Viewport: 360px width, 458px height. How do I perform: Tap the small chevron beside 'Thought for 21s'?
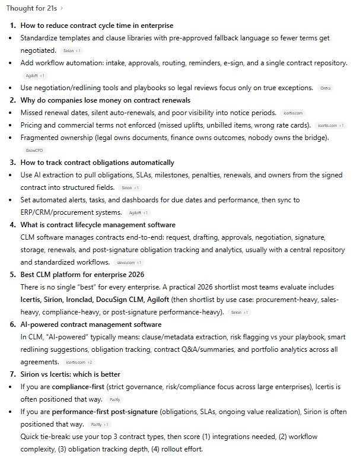[x=62, y=9]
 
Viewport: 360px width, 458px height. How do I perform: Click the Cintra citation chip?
[x=326, y=88]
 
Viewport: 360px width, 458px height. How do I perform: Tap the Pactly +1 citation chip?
[x=98, y=424]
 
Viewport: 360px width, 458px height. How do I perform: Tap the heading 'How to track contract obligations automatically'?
[x=97, y=163]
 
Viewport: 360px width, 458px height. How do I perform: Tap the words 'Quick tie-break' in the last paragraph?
[x=43, y=436]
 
